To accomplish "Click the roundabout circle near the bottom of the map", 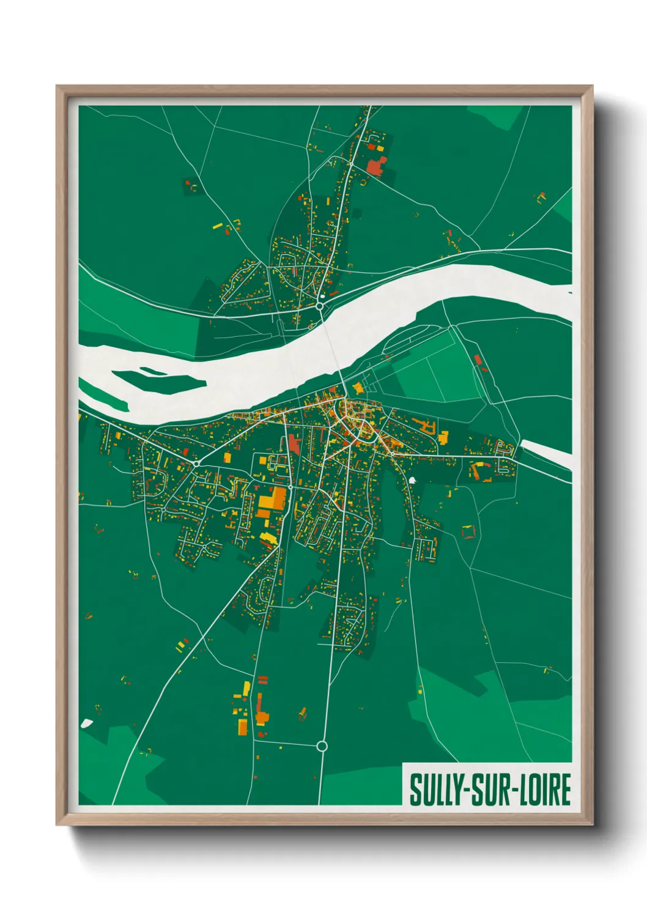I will click(x=322, y=746).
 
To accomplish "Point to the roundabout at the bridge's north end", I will click(x=320, y=306).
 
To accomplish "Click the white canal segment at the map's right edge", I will click(x=546, y=454).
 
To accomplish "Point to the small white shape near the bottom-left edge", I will click(x=86, y=723).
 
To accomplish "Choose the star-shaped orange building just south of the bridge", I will click(x=357, y=388).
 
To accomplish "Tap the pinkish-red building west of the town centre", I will click(x=295, y=443).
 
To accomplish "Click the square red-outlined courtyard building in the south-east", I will click(x=468, y=532).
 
